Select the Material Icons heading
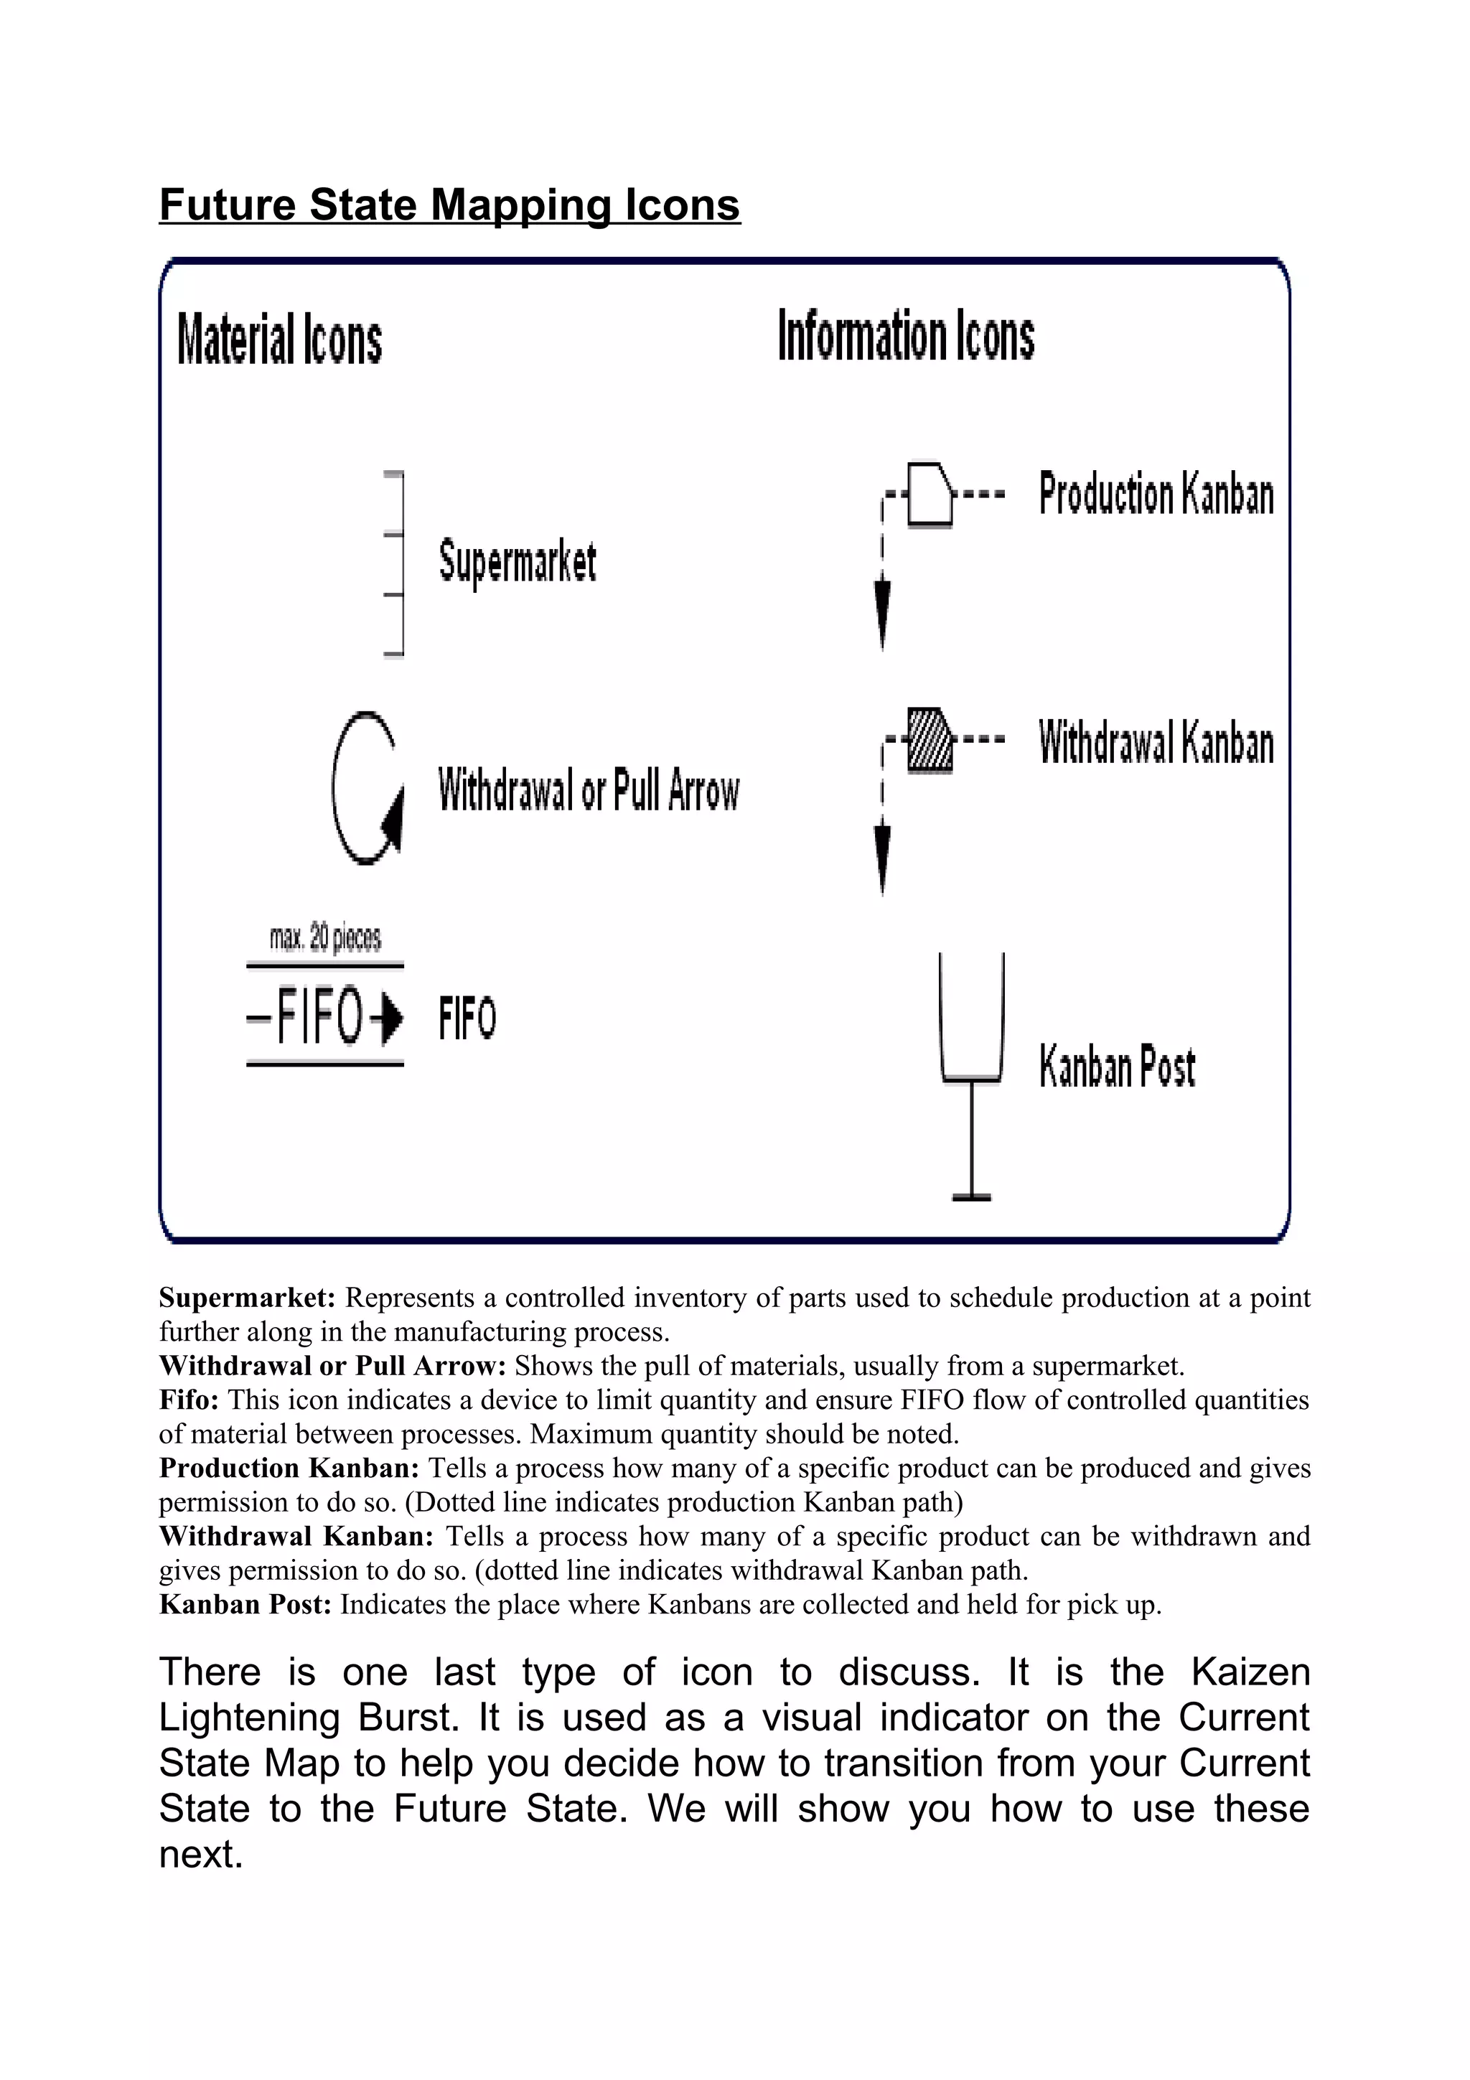(279, 339)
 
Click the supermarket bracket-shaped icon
(394, 563)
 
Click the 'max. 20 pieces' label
(325, 939)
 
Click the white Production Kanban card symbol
(931, 495)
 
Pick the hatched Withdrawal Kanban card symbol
(930, 741)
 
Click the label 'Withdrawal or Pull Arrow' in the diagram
(589, 790)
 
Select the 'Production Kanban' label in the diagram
(1156, 495)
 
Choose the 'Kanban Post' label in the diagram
(1117, 1067)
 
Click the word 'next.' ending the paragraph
(201, 1855)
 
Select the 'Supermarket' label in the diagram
(518, 562)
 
